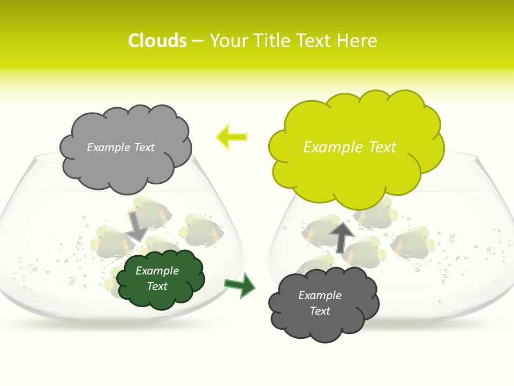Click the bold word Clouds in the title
[x=157, y=41]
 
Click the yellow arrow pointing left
[x=231, y=137]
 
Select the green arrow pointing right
[x=239, y=285]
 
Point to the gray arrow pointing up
[x=342, y=236]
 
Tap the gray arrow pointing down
[x=137, y=226]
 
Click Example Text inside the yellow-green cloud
[x=350, y=147]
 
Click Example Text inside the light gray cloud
[x=120, y=147]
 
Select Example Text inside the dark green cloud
[x=157, y=279]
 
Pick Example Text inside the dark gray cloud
[x=320, y=303]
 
